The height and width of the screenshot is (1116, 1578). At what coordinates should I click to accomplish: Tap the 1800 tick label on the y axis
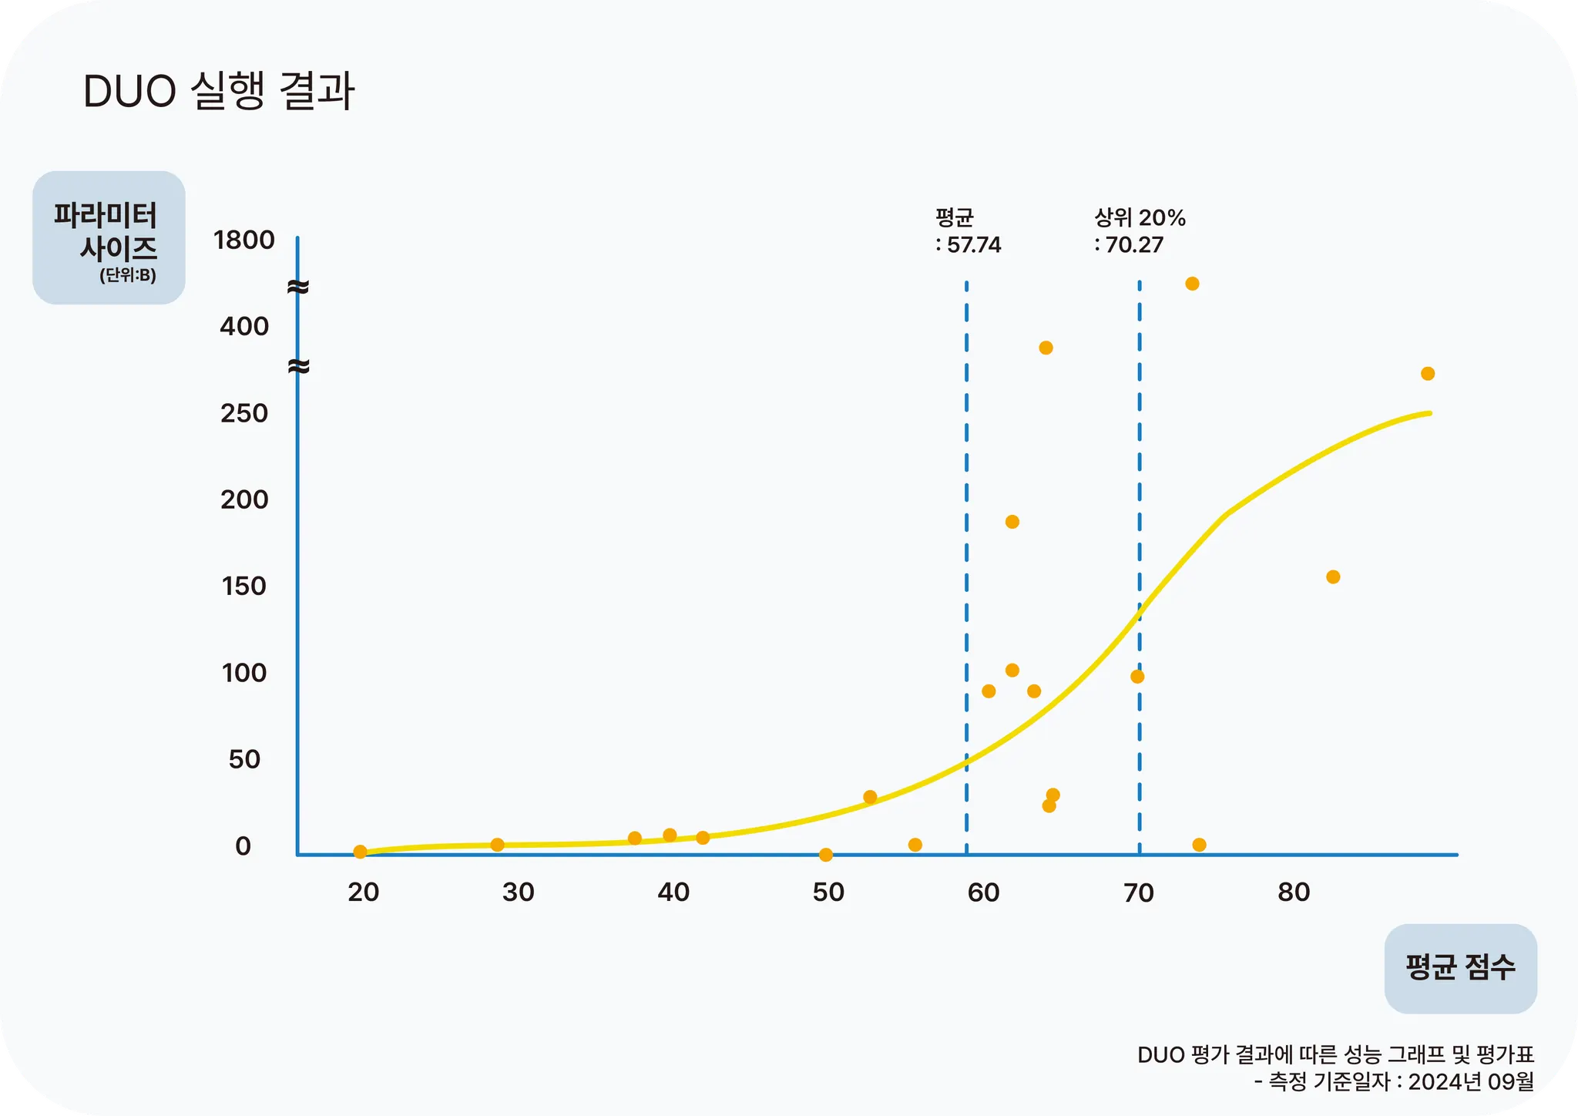coord(243,240)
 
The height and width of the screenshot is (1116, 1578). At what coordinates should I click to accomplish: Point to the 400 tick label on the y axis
coord(244,327)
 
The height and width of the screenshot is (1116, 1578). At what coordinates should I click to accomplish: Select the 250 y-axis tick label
coord(244,414)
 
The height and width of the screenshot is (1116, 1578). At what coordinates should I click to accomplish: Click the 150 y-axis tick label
coord(244,587)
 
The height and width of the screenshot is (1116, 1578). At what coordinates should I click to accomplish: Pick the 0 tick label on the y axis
coord(243,846)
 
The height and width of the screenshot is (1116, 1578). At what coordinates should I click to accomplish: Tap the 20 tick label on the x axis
coord(363,892)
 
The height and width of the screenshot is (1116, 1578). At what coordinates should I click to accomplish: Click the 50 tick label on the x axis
coord(828,892)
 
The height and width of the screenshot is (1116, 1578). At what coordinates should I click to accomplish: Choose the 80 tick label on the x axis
coord(1294,892)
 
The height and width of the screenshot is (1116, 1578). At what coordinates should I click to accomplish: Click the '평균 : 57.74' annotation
coord(968,231)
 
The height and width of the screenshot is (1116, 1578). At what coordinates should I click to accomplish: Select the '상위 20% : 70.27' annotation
coord(1140,231)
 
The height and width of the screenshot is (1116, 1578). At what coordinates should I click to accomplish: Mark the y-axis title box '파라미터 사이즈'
coord(109,237)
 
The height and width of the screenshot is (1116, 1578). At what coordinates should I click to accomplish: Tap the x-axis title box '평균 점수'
coord(1460,968)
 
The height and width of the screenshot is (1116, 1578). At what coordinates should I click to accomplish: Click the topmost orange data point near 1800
coord(1192,284)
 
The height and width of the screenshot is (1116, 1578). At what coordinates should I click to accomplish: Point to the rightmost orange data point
coord(1428,374)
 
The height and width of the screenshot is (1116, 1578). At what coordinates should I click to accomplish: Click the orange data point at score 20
coord(360,852)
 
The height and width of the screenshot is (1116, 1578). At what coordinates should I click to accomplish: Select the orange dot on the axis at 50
coord(826,855)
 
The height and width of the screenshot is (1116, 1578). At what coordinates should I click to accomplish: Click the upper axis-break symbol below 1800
coord(298,287)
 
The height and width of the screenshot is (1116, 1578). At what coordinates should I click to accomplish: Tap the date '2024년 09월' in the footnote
coord(1471,1082)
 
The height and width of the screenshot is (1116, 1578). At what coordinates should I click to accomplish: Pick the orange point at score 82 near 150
coord(1333,577)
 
